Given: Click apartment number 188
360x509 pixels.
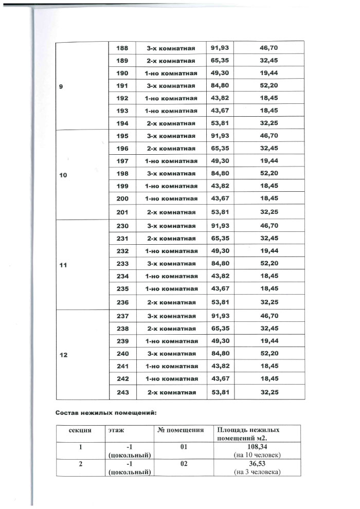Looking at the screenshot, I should click(123, 48).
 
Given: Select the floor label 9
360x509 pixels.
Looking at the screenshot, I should click(61, 86).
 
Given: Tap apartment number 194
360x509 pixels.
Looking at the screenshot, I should click(123, 123).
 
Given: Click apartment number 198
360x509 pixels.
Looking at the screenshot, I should click(123, 174).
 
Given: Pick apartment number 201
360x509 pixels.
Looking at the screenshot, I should click(123, 212).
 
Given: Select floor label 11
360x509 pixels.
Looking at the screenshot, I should click(63, 265).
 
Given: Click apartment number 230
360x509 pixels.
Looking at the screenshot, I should click(123, 226).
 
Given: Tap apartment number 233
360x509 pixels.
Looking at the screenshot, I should click(123, 264).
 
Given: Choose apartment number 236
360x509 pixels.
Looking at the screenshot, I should click(123, 302).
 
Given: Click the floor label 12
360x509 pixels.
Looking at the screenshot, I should click(63, 355).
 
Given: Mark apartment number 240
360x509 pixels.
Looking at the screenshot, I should click(123, 354).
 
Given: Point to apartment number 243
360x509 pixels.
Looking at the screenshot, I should click(123, 392).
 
